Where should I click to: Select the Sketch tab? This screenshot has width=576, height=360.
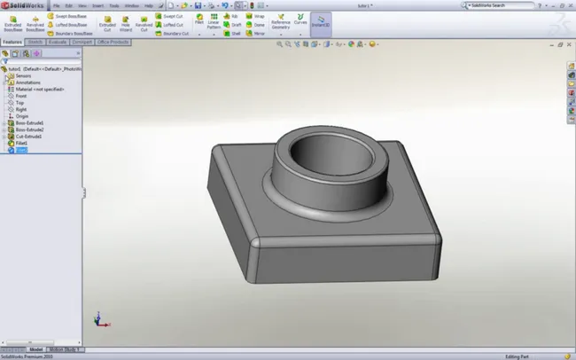(x=35, y=41)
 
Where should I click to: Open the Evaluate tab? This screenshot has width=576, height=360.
(x=57, y=41)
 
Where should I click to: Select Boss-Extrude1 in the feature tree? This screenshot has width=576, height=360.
(x=29, y=122)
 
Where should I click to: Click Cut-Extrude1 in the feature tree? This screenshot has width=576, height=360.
(x=28, y=137)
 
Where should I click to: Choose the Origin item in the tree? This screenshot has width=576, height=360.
(x=21, y=115)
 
